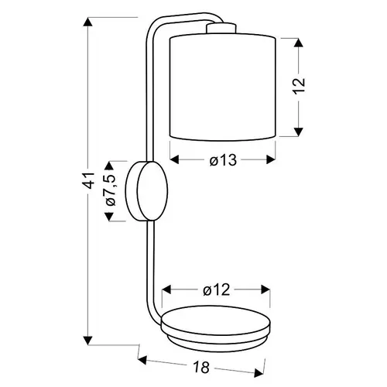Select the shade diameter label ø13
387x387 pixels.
click(223, 160)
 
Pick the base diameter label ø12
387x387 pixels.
click(216, 290)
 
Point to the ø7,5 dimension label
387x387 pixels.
click(111, 190)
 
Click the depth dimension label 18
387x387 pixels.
click(201, 367)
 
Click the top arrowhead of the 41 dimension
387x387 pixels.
click(88, 22)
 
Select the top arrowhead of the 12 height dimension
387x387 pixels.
click(299, 43)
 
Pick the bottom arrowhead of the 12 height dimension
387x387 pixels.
click(299, 132)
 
